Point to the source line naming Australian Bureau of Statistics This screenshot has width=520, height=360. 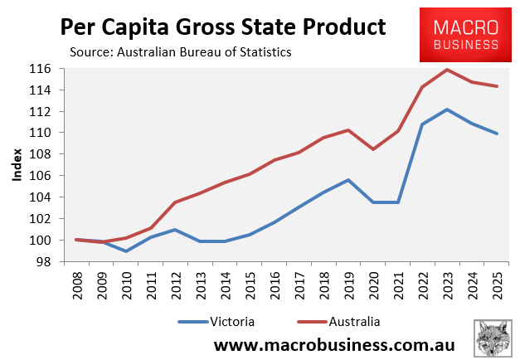[x=182, y=52]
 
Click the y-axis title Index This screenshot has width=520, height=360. [x=18, y=166]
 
